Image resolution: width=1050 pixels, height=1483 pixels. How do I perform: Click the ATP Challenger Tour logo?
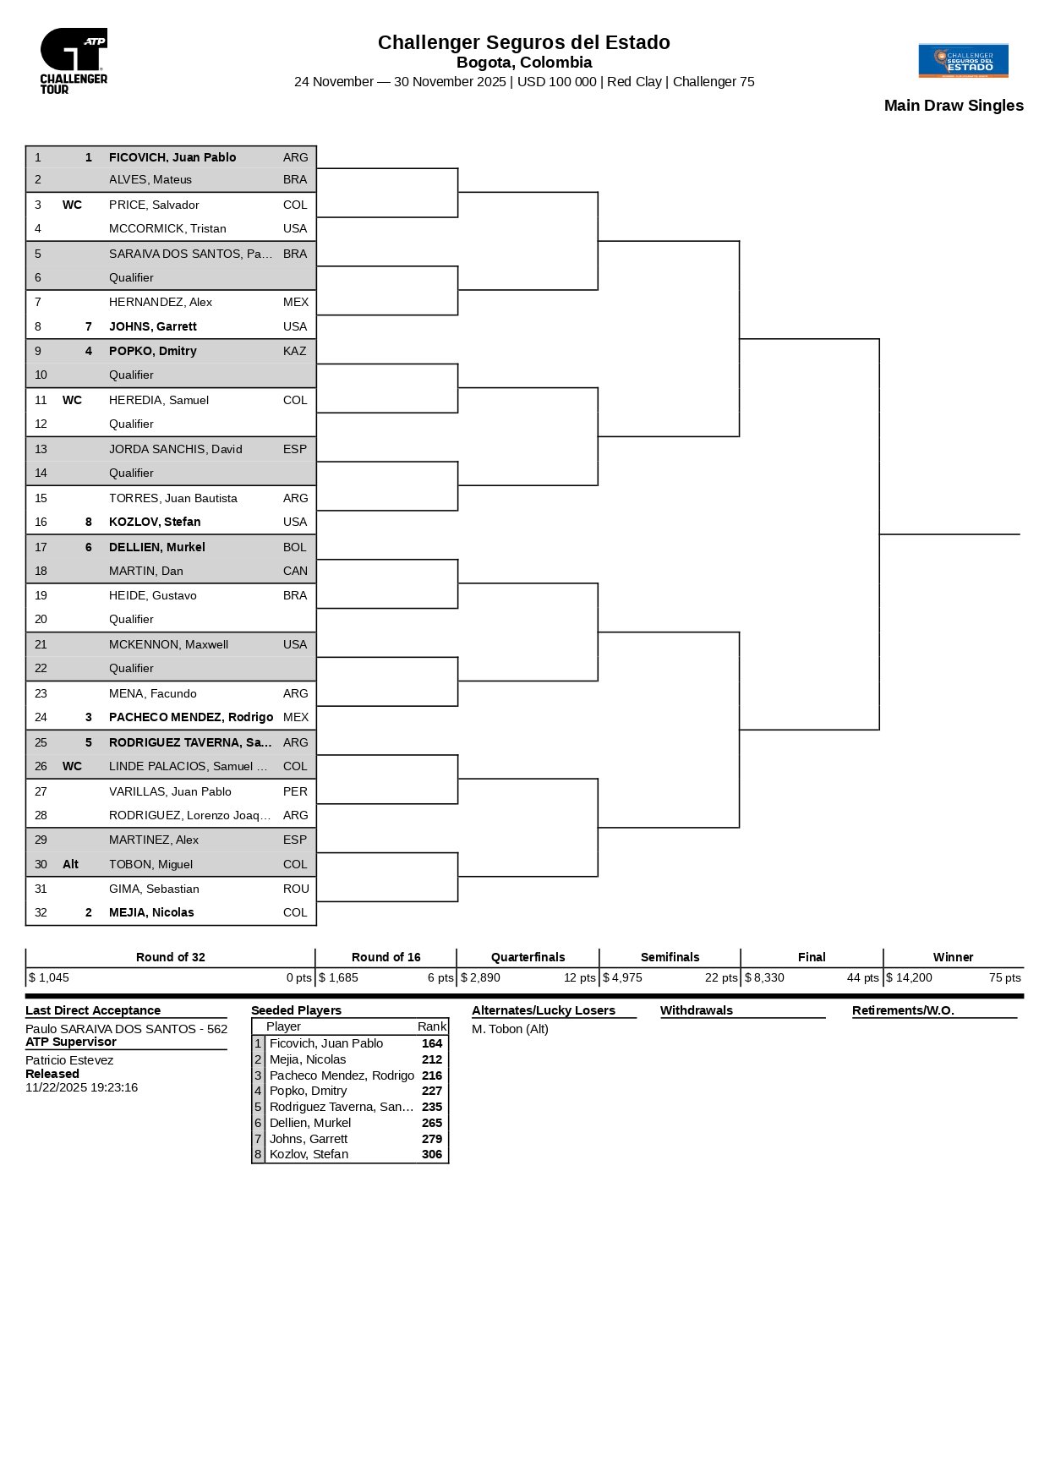tap(74, 60)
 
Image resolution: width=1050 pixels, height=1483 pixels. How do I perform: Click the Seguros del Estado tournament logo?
tap(963, 61)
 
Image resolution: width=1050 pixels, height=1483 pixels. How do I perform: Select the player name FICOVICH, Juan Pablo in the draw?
tap(172, 157)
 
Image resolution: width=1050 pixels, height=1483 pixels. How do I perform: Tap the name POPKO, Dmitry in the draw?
tap(153, 351)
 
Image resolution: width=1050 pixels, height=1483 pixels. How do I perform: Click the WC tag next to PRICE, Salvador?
tap(72, 205)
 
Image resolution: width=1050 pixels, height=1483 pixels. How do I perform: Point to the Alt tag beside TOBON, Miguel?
tap(70, 864)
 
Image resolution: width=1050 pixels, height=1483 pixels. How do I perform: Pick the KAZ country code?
tap(295, 351)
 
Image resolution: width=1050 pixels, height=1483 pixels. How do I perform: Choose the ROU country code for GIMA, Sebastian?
tap(296, 889)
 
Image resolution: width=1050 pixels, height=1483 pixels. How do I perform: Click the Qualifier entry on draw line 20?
tap(131, 619)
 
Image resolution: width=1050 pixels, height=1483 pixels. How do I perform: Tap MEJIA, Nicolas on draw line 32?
tap(151, 912)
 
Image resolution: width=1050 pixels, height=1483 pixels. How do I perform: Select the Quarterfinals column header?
tap(528, 957)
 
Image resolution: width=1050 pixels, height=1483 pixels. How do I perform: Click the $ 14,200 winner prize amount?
tap(909, 977)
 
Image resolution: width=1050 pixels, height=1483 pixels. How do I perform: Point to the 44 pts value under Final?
tap(863, 977)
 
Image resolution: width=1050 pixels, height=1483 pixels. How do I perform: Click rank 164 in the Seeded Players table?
tap(432, 1043)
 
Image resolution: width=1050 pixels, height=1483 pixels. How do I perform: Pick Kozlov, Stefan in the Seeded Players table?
tap(309, 1154)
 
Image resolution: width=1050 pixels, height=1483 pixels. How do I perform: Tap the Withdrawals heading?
tap(696, 1010)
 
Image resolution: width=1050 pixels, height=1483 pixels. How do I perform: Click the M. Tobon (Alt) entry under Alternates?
tap(510, 1029)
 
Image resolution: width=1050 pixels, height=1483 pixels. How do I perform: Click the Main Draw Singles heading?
tap(954, 106)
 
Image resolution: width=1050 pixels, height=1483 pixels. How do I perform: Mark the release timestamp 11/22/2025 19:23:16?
tap(81, 1087)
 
